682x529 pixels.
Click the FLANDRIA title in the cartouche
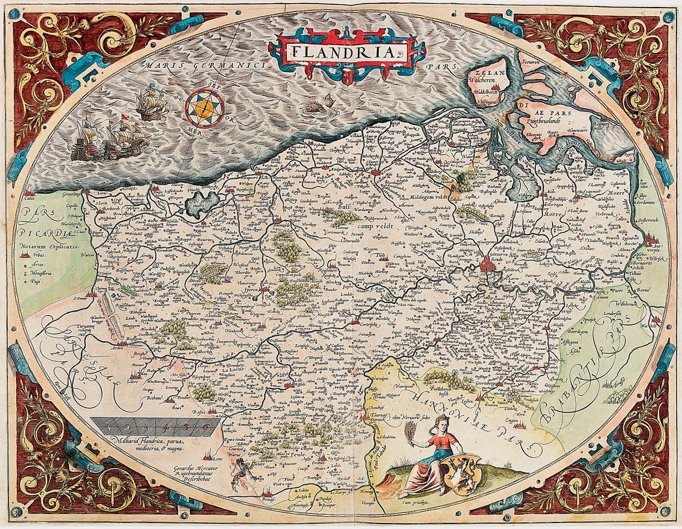(346, 52)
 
